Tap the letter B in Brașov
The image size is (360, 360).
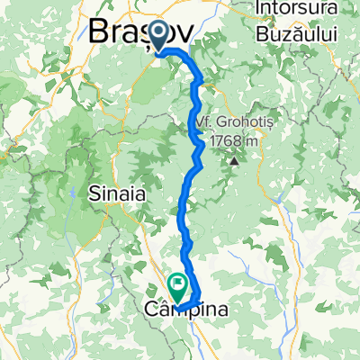coord(99,32)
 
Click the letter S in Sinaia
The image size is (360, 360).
coord(94,193)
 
